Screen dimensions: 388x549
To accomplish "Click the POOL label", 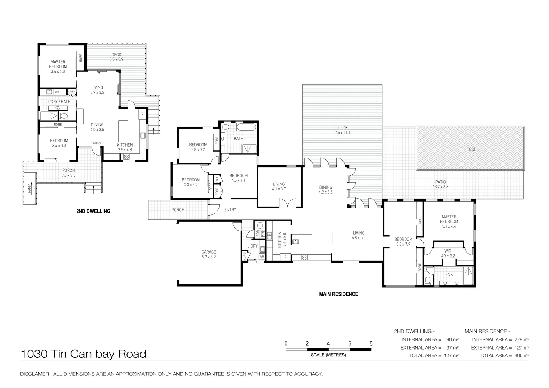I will point(471,149).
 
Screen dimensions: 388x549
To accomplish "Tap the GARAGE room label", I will point(208,252).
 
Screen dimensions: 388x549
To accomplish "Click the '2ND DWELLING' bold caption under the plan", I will point(93,211).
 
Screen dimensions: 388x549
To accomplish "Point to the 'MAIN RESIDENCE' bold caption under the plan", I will point(338,294).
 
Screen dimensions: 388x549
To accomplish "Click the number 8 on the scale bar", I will point(371,343).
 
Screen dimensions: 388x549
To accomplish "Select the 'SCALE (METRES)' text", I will point(328,355).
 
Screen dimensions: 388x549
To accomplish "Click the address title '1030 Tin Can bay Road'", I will point(83,354).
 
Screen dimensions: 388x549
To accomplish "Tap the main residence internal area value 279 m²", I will point(521,339).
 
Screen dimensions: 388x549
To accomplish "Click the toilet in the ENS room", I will point(428,280).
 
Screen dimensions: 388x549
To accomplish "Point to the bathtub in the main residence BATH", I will point(246,127).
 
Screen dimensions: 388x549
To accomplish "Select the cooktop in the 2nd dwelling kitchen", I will point(126,156).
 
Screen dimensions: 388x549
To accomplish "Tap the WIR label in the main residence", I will point(448,251).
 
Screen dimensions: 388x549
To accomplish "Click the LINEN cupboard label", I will point(72,92).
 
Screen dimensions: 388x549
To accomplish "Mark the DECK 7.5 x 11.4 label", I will point(342,130).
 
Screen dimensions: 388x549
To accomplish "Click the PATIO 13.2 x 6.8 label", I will point(440,184).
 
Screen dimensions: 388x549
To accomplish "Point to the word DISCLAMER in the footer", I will point(35,374).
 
